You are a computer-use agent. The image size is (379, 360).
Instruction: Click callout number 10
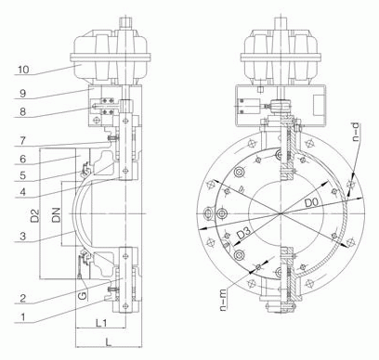23,70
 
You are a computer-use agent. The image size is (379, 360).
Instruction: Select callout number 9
22,94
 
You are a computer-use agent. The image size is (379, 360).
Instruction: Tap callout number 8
22,111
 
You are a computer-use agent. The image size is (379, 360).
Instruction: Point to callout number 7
22,141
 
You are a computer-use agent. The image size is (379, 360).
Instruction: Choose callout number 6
22,160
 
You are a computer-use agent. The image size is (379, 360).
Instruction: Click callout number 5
22,175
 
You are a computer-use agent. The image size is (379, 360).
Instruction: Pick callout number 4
22,192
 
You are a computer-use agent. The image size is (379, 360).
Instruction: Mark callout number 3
22,237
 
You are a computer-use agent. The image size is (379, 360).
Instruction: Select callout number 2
22,299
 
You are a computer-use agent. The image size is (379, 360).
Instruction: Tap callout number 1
22,317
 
